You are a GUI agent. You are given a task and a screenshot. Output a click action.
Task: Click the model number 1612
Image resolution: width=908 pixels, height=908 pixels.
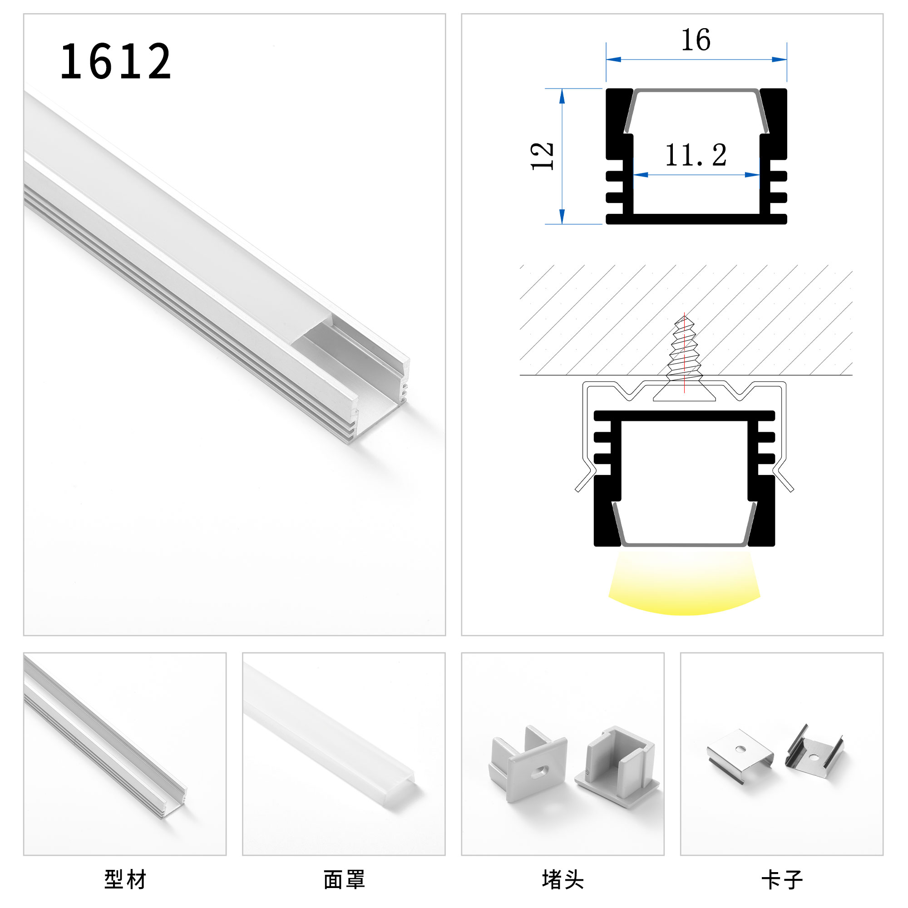[x=116, y=61]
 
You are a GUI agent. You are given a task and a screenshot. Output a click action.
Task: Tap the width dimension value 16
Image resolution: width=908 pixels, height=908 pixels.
[x=696, y=40]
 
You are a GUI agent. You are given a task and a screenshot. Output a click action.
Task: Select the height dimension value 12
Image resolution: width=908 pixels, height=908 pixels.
[x=542, y=156]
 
